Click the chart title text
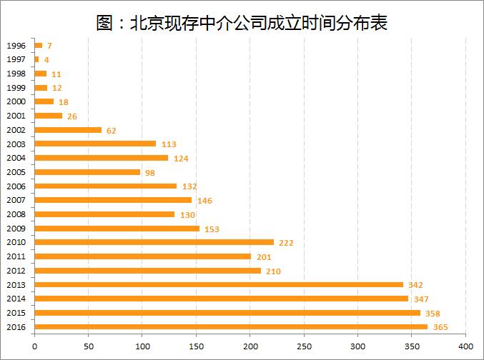click(x=242, y=22)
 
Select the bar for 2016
click(x=231, y=326)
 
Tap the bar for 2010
click(x=154, y=242)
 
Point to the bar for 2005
click(x=87, y=172)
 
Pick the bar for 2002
click(x=68, y=130)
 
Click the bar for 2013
click(x=219, y=284)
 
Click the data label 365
click(x=440, y=327)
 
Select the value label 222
click(x=286, y=243)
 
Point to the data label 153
click(x=212, y=229)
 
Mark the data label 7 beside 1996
click(x=49, y=46)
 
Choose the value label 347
click(x=421, y=299)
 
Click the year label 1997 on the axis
click(x=16, y=59)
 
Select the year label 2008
click(x=16, y=214)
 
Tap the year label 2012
click(x=16, y=271)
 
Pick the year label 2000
click(x=16, y=101)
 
